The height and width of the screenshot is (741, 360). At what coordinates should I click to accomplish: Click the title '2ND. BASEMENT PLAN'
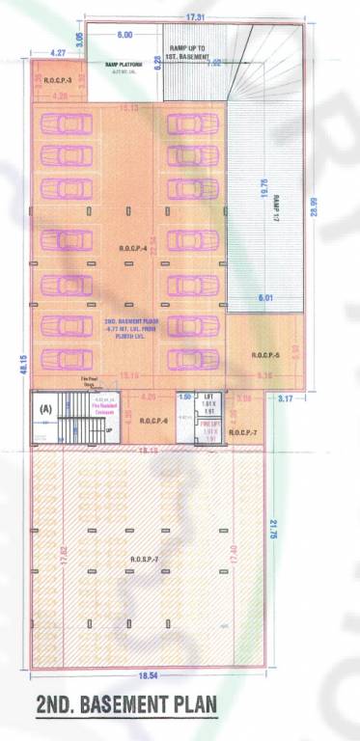click(x=125, y=704)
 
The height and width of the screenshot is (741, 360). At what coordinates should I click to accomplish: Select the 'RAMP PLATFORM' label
click(x=125, y=65)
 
